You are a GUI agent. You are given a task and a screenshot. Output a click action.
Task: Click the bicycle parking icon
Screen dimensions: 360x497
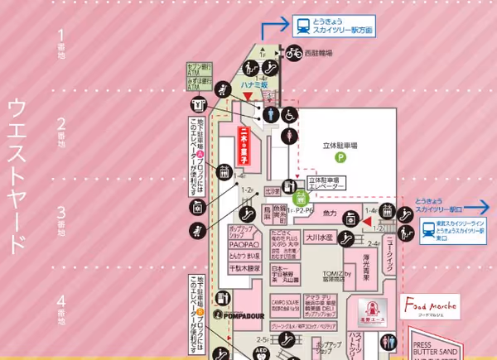294,53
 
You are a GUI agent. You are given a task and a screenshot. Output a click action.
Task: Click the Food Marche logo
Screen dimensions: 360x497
427,305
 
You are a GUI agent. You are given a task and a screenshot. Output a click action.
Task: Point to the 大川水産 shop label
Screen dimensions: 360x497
317,238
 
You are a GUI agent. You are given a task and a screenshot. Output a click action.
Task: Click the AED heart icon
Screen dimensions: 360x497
262,351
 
